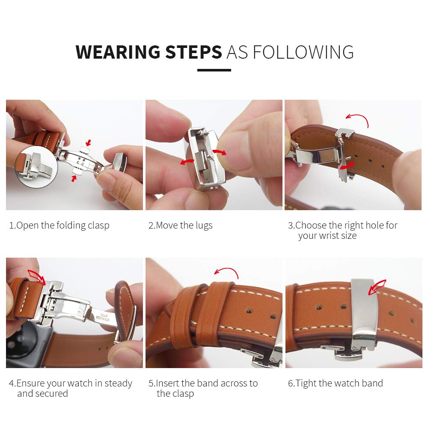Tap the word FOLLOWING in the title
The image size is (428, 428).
(303, 52)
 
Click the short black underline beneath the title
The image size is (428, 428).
(214, 70)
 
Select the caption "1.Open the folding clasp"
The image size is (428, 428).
(59, 226)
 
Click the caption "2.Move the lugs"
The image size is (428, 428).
(180, 226)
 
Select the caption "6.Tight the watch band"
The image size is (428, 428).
(335, 383)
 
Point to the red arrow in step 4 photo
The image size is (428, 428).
(36, 276)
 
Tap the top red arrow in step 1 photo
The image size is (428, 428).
(88, 142)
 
